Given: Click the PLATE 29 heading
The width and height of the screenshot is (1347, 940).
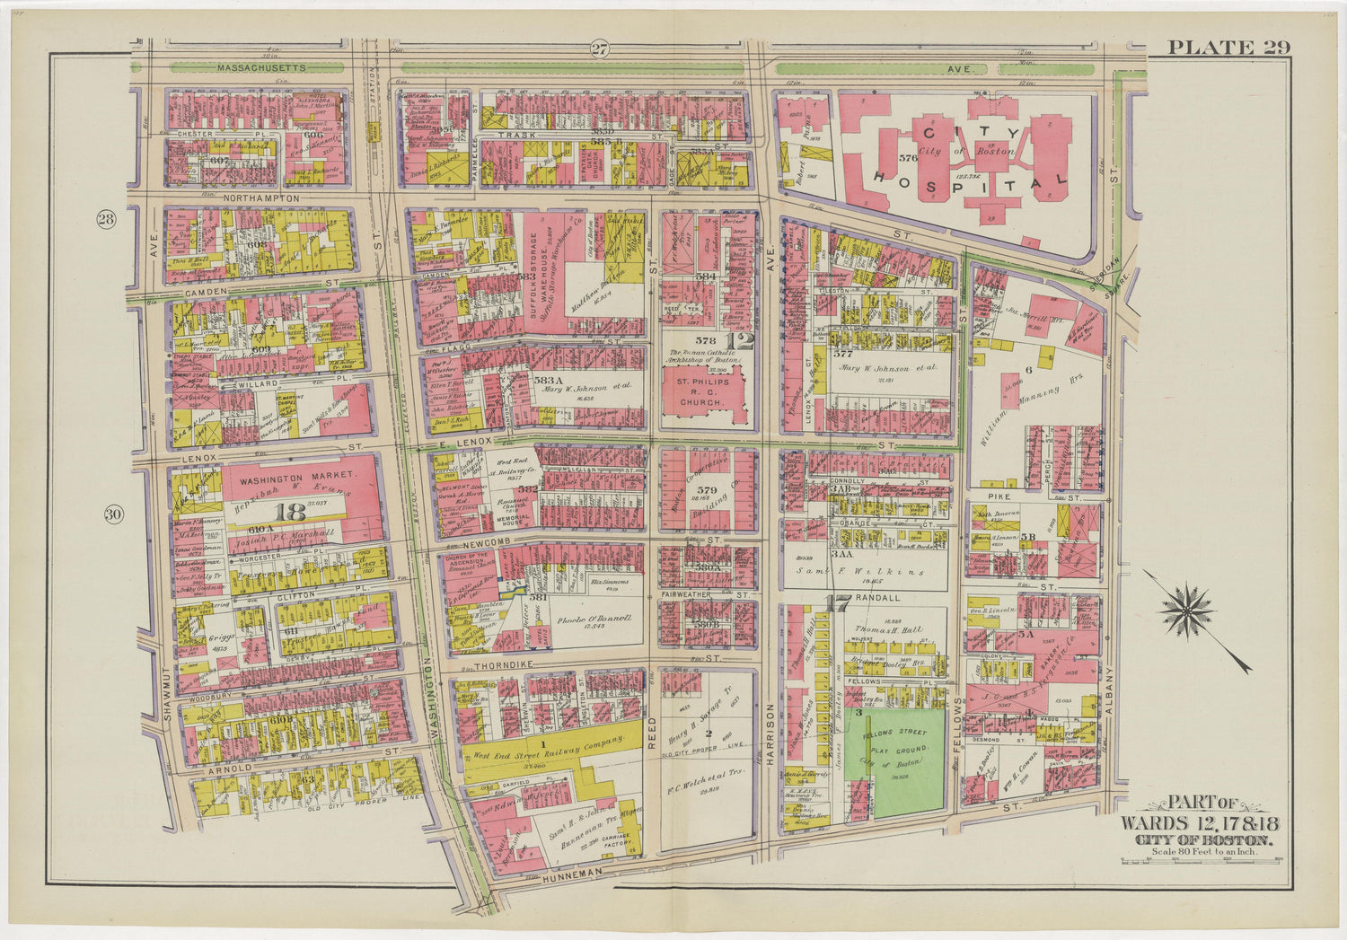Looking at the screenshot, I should [1228, 48].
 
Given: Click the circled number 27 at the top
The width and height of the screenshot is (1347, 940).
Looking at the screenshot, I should [600, 49].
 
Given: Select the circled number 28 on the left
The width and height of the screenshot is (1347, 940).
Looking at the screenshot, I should [107, 221].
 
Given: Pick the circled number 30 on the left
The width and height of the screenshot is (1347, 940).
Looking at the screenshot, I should [112, 514].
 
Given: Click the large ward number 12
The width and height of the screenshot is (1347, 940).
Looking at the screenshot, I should [741, 341].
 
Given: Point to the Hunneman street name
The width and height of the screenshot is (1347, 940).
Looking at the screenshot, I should [571, 883].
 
